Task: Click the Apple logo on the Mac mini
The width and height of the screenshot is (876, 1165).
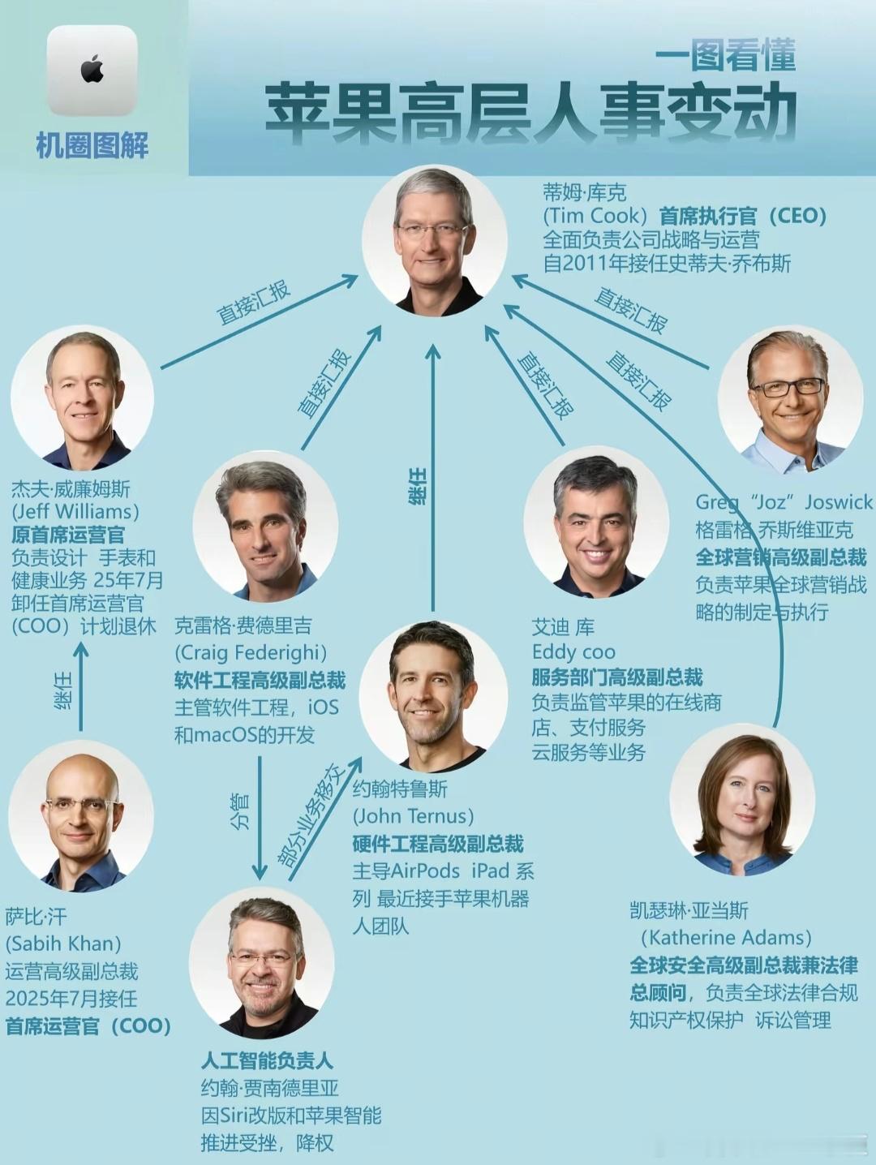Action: tap(92, 70)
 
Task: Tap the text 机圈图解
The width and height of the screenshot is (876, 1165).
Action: tap(92, 146)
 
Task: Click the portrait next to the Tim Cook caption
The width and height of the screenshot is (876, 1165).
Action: tap(435, 242)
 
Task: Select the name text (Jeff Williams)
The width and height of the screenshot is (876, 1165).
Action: tap(75, 512)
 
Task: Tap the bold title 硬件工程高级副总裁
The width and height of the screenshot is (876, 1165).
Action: tap(438, 844)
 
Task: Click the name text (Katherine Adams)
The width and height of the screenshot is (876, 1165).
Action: tap(726, 938)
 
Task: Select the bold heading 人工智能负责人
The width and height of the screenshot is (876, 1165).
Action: tap(267, 1060)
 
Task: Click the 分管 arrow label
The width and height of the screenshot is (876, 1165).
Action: tap(240, 810)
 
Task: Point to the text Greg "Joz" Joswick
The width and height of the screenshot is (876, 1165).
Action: tap(784, 503)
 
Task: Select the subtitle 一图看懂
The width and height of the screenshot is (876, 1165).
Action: tap(725, 55)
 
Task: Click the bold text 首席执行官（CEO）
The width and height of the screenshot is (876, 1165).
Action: tap(742, 216)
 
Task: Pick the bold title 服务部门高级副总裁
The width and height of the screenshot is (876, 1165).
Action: tap(617, 677)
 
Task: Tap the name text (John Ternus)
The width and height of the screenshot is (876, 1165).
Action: tap(413, 816)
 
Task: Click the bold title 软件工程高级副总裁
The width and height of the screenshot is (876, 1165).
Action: tap(260, 680)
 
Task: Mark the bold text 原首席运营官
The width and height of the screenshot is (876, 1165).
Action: tap(68, 535)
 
